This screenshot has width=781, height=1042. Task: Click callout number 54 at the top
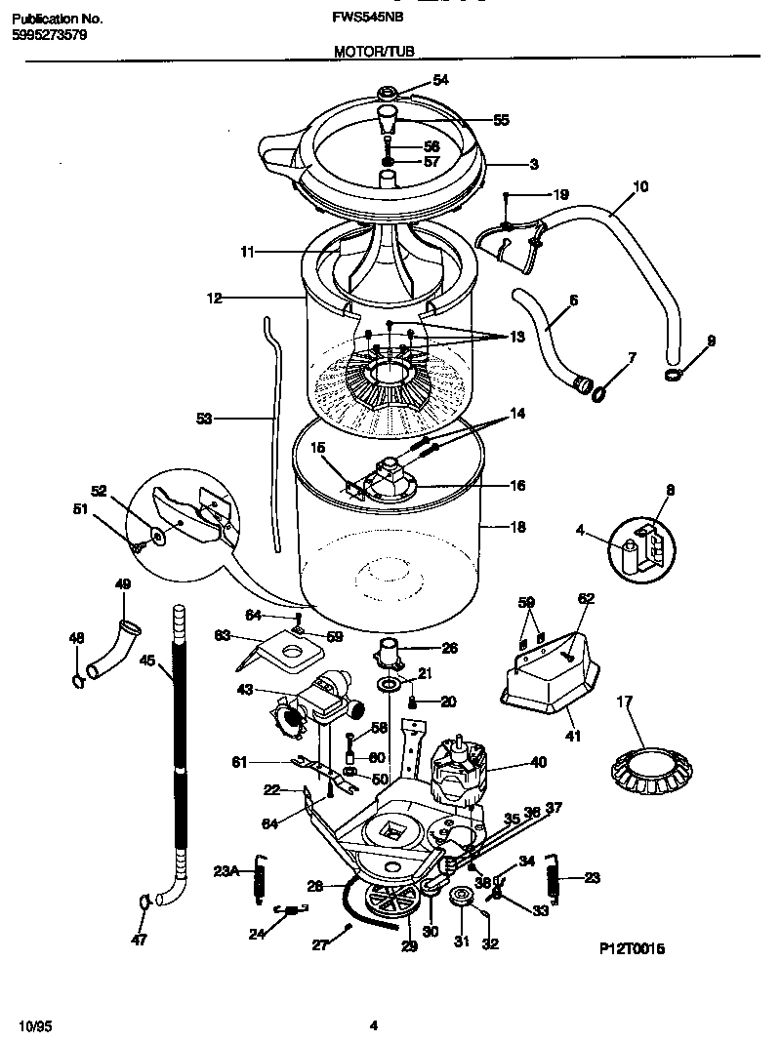441,81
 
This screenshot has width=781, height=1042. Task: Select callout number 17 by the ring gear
626,701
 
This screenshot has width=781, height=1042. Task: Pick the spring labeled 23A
260,873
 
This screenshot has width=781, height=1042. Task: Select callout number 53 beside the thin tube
203,419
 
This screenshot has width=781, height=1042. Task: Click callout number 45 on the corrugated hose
147,661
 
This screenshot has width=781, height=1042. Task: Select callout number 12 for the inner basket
213,297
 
